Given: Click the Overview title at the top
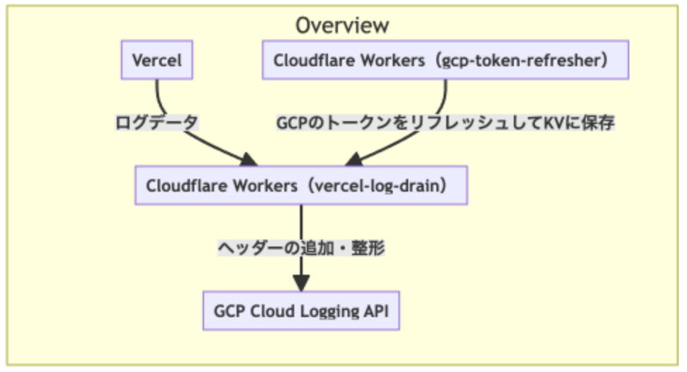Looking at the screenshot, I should point(342,25).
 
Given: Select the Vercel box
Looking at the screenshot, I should point(156,60).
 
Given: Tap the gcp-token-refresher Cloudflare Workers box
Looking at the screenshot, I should point(446,60).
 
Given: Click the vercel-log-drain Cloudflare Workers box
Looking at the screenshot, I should point(301,185).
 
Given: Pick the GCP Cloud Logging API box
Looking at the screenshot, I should point(301,311).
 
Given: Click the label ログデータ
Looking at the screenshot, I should point(157,122).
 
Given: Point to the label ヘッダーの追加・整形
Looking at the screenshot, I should point(301,248).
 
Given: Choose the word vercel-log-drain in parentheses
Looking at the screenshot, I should point(380,186).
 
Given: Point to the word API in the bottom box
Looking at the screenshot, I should point(376,311).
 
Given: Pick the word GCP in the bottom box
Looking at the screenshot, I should point(229,311).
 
